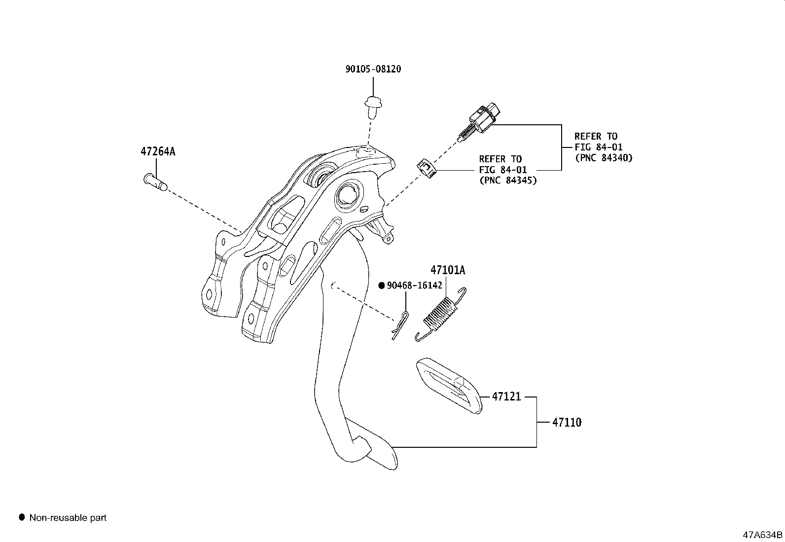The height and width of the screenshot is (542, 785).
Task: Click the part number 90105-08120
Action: (x=373, y=69)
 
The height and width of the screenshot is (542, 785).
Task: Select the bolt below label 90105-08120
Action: (x=373, y=106)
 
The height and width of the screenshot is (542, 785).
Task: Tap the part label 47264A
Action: (x=158, y=151)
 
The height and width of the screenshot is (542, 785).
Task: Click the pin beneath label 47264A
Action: (x=155, y=181)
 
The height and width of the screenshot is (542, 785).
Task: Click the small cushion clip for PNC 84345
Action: (x=427, y=169)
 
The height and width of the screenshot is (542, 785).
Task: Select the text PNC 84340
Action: (x=604, y=158)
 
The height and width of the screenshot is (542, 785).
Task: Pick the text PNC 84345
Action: (x=508, y=181)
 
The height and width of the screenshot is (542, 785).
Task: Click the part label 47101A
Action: (x=448, y=270)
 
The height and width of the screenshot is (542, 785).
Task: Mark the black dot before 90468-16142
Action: (x=381, y=286)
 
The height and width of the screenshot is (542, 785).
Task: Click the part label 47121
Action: (x=506, y=397)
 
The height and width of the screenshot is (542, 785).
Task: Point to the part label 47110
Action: (x=567, y=423)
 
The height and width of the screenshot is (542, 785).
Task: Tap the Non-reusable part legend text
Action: (x=68, y=518)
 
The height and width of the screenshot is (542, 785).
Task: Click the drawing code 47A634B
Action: (x=763, y=535)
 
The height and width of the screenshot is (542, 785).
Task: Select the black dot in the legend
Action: (x=22, y=517)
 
